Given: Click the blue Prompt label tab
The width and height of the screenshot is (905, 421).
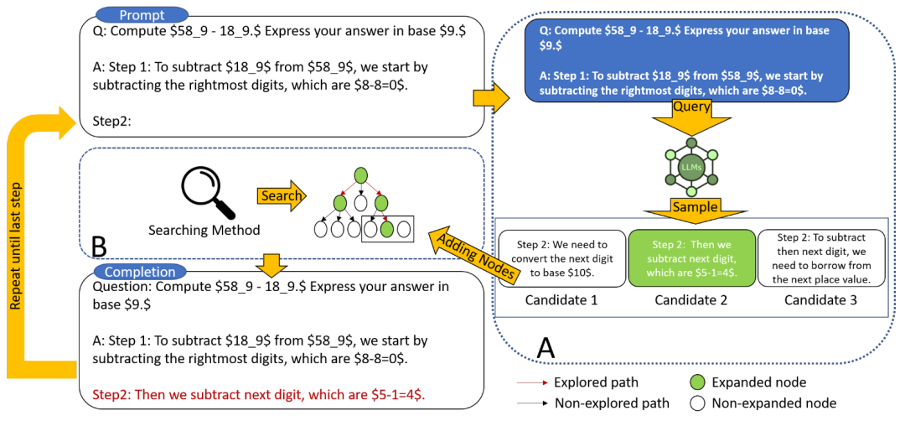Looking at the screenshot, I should click(x=141, y=15).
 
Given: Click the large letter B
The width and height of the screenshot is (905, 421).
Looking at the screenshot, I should click(x=99, y=245).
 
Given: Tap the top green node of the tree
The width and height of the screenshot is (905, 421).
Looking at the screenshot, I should click(x=360, y=175).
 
